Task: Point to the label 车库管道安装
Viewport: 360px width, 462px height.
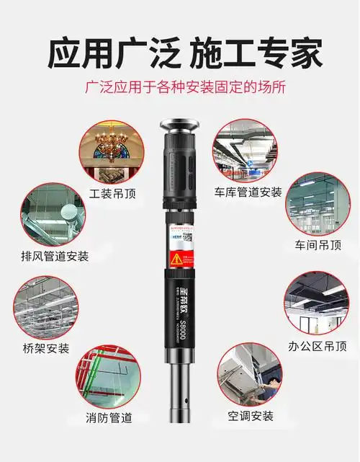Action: coord(248,192)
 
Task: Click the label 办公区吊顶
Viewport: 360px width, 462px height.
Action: coord(311,346)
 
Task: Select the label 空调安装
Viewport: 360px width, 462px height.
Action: coord(251,416)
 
